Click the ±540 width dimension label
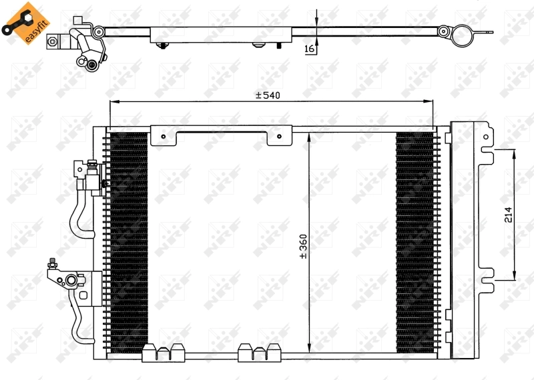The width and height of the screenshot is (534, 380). [267, 95]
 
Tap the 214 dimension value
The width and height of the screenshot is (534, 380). [508, 215]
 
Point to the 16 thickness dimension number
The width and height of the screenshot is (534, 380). [309, 49]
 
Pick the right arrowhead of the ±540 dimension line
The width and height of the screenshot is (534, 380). [430, 101]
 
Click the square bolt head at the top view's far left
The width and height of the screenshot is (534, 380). [53, 41]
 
